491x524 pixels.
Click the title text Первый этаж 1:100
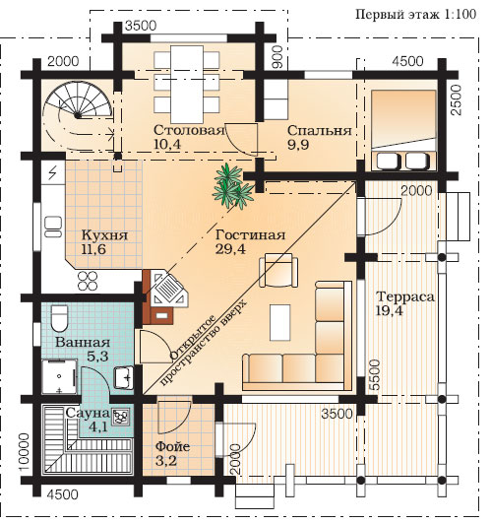click(415, 15)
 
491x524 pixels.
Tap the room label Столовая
click(189, 130)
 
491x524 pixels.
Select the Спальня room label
click(320, 130)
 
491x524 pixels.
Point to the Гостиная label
click(250, 235)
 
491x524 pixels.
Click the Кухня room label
click(105, 235)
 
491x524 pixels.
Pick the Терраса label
click(405, 296)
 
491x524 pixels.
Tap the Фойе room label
click(173, 446)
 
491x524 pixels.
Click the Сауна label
click(88, 413)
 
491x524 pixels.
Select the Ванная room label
click(83, 342)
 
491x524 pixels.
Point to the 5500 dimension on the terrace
click(375, 374)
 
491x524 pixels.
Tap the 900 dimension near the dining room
click(277, 57)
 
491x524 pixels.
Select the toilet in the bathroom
click(59, 318)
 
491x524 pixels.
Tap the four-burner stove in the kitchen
click(88, 281)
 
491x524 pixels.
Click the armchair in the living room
click(278, 270)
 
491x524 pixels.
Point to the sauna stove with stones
click(120, 417)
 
